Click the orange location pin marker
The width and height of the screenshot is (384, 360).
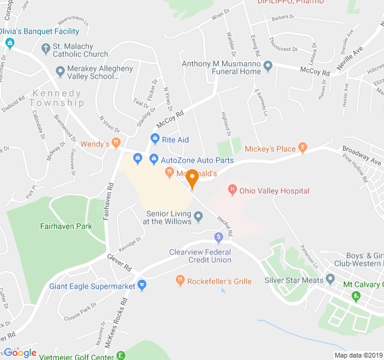(x=193, y=179)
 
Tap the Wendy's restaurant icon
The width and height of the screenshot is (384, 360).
(x=115, y=144)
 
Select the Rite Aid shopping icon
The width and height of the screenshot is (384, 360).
(x=154, y=140)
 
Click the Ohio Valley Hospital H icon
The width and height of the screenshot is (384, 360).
(x=232, y=191)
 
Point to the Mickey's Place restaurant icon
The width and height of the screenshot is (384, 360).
(x=302, y=148)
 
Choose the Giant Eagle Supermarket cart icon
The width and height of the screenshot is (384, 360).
(x=142, y=284)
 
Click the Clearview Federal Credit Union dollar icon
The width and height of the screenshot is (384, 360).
(x=219, y=236)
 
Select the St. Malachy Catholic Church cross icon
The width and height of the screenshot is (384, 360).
(x=46, y=48)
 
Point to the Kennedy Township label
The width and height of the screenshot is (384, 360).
(x=58, y=98)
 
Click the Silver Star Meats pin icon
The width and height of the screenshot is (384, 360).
(x=330, y=280)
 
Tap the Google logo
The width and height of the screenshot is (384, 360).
(x=20, y=353)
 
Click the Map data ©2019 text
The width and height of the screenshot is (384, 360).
(x=358, y=355)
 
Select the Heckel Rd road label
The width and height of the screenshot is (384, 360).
(x=224, y=225)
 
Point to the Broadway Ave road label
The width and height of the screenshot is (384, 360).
(x=362, y=155)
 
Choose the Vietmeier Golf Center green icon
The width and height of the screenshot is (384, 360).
(x=121, y=356)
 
